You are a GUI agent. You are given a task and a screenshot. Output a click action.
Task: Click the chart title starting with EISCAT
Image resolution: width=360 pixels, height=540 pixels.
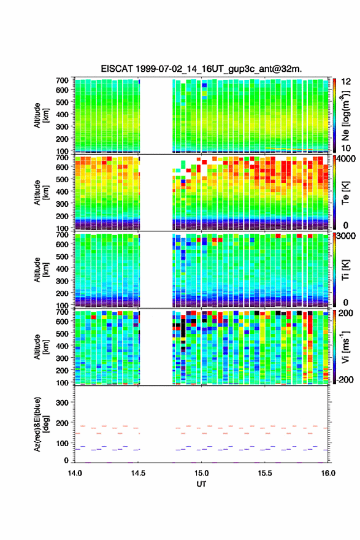pyautogui.click(x=201, y=69)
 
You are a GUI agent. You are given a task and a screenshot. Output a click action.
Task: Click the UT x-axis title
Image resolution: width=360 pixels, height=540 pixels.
pyautogui.click(x=201, y=484)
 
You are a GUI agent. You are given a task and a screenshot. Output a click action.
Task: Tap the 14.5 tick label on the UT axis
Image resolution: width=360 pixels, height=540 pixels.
pyautogui.click(x=138, y=473)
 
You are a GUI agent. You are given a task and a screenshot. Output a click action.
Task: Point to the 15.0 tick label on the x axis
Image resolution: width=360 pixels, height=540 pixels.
pyautogui.click(x=201, y=473)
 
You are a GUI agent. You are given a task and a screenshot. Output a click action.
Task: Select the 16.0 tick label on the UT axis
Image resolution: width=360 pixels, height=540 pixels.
pyautogui.click(x=328, y=473)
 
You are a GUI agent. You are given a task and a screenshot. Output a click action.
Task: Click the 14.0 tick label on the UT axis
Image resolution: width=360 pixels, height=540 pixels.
pyautogui.click(x=75, y=473)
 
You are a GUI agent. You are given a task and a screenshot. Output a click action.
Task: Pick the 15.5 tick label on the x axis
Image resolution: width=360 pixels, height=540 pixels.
pyautogui.click(x=265, y=473)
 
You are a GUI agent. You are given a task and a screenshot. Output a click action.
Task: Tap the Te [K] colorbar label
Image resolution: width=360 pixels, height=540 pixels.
pyautogui.click(x=345, y=193)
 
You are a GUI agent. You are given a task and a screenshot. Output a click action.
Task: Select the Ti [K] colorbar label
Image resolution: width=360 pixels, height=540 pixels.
pyautogui.click(x=345, y=269)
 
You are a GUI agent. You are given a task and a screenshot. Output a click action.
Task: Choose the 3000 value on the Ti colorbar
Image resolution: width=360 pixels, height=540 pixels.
pyautogui.click(x=346, y=236)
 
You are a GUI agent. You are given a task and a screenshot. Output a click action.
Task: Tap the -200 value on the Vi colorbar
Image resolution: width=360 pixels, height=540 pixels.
pyautogui.click(x=345, y=380)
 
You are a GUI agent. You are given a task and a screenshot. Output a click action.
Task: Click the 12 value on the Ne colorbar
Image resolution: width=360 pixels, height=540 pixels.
pyautogui.click(x=347, y=82)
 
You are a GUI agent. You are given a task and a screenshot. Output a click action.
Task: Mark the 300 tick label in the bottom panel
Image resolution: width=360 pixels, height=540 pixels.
pyautogui.click(x=63, y=403)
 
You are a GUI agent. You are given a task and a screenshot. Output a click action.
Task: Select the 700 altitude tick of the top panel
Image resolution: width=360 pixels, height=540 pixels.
pyautogui.click(x=63, y=80)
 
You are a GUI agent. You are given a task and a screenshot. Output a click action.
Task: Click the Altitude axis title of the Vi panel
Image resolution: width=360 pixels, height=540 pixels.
pyautogui.click(x=41, y=347)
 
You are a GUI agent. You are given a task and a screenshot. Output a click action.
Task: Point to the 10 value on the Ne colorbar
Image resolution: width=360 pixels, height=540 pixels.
pyautogui.click(x=347, y=148)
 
